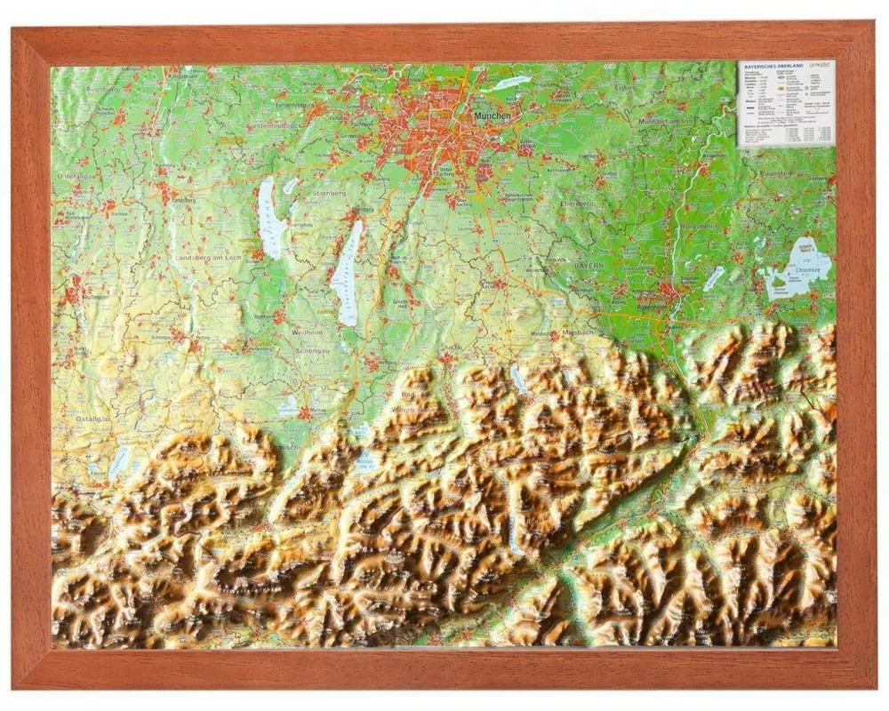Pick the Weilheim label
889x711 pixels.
(308, 332)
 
